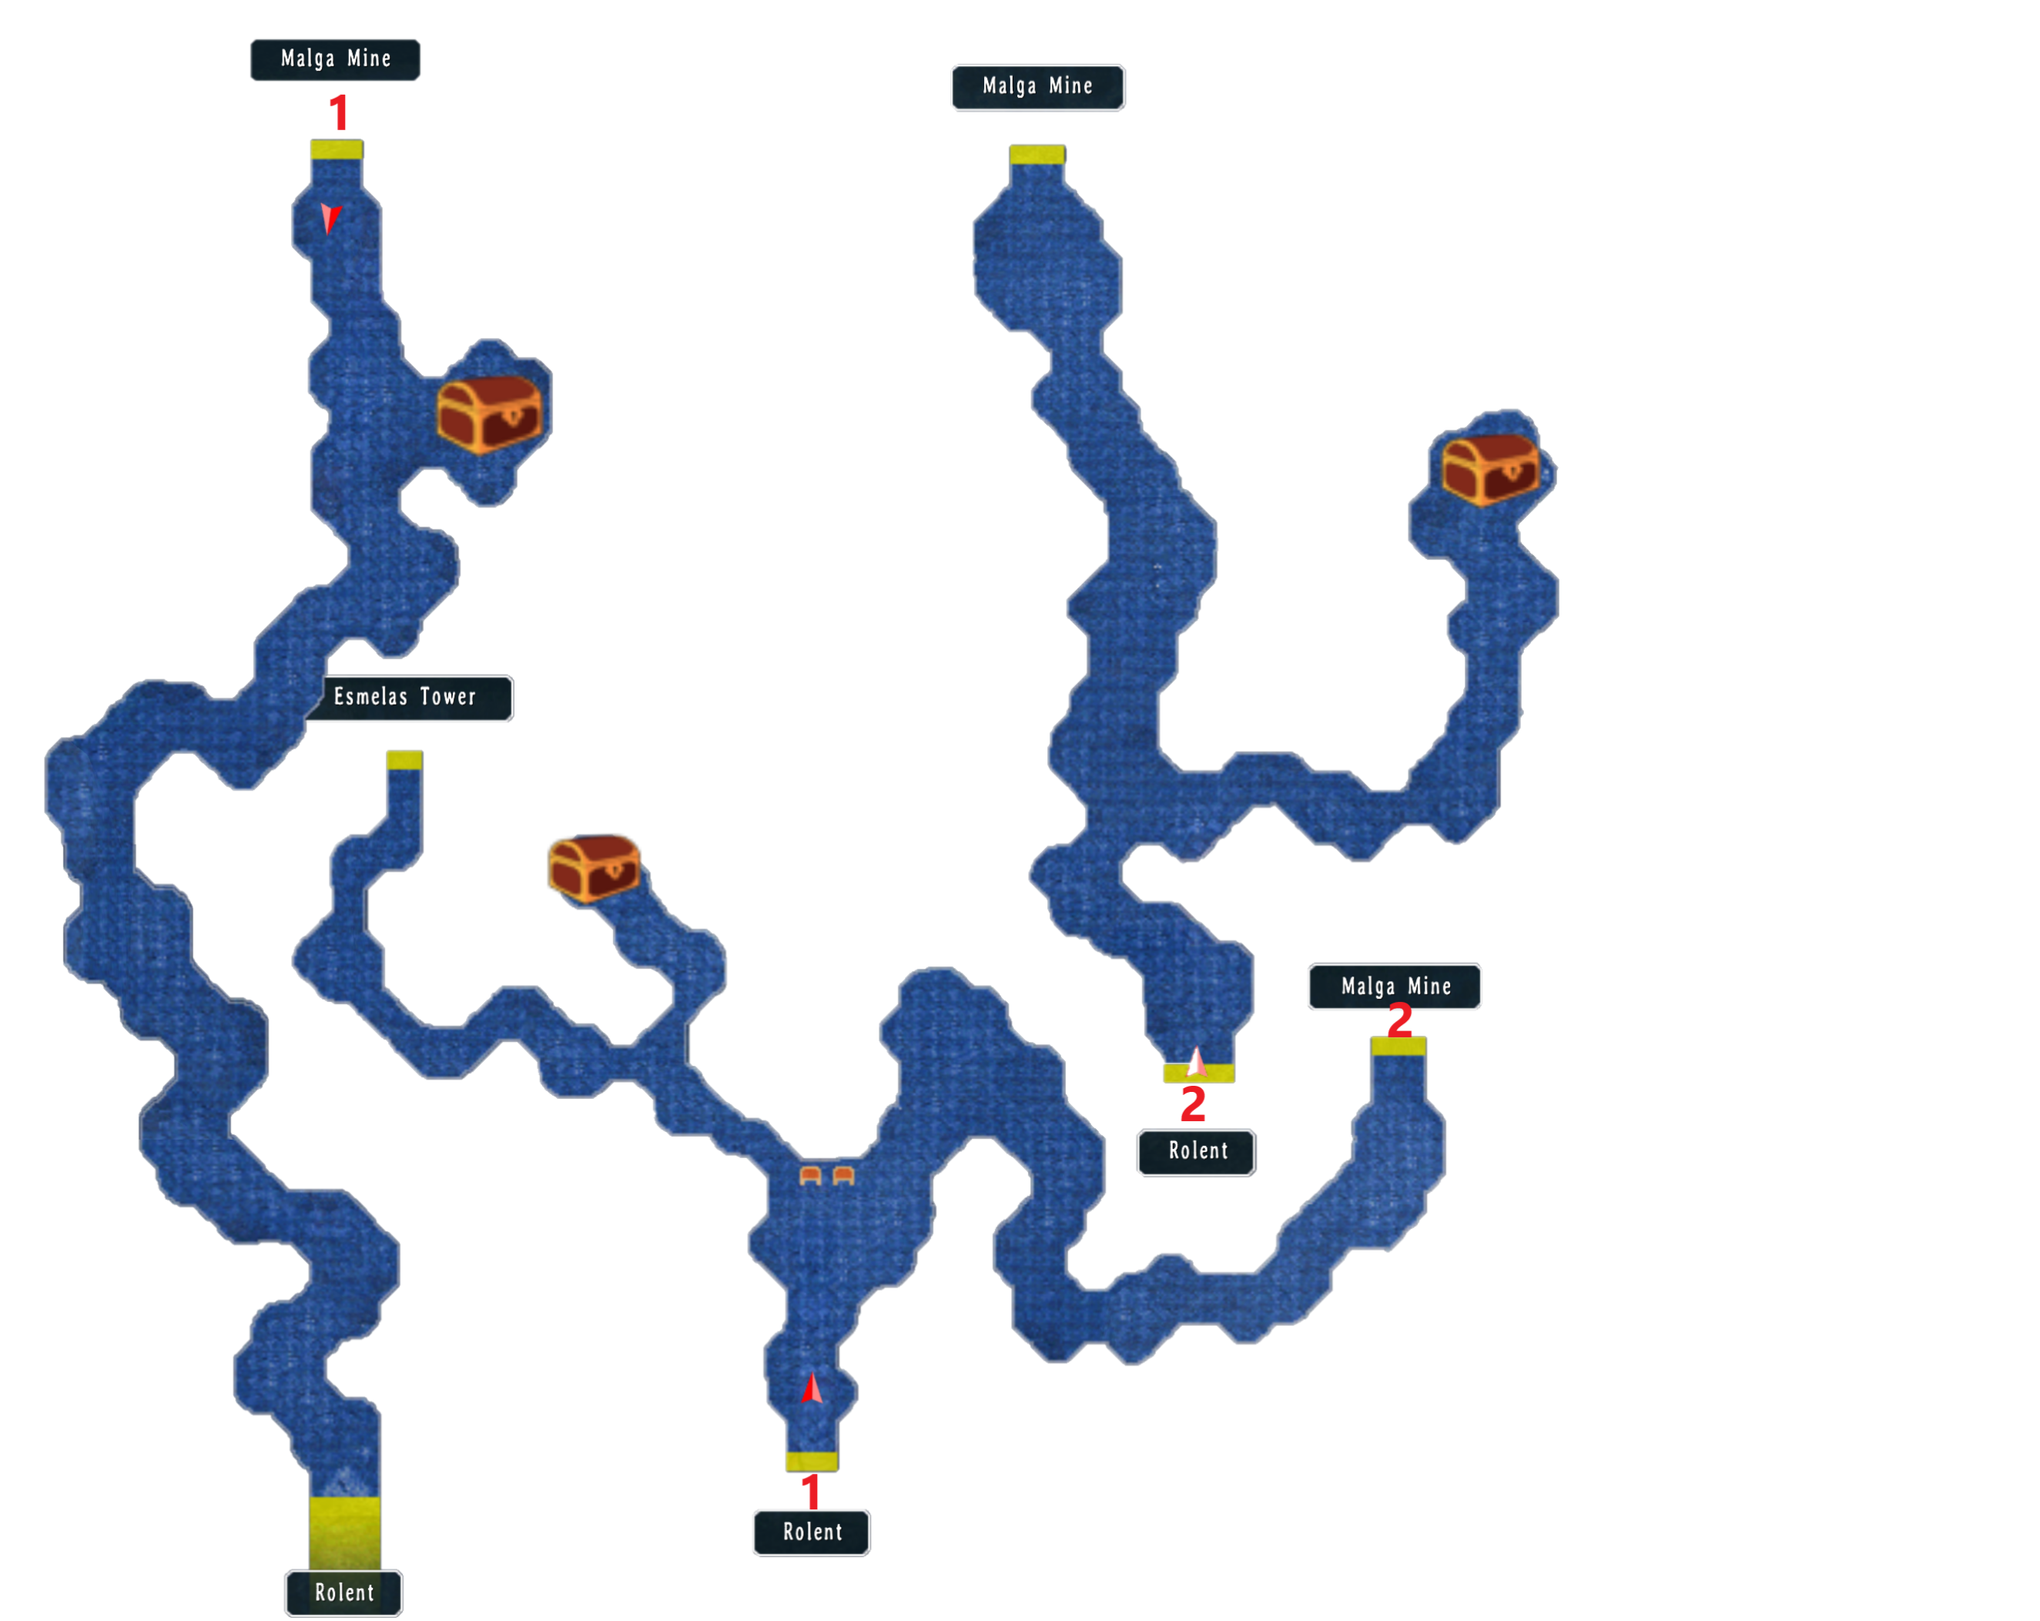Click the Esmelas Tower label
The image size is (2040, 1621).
407,698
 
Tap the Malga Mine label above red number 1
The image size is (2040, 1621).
335,59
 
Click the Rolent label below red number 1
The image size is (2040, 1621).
811,1532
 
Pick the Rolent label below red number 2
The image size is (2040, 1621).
1196,1151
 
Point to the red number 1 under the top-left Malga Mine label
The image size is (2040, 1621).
338,112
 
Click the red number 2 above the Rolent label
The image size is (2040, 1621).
1192,1104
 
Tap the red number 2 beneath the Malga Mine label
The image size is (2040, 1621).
1399,1021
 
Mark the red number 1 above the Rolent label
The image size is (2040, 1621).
810,1492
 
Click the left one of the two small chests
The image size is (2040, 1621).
810,1175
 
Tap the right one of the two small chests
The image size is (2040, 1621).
843,1175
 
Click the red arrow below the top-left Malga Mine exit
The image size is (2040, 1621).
330,218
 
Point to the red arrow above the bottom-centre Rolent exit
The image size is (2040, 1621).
812,1388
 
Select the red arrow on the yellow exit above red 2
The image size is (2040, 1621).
1197,1062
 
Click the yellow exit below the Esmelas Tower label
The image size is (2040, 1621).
404,760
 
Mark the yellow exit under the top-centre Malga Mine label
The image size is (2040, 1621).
1037,154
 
